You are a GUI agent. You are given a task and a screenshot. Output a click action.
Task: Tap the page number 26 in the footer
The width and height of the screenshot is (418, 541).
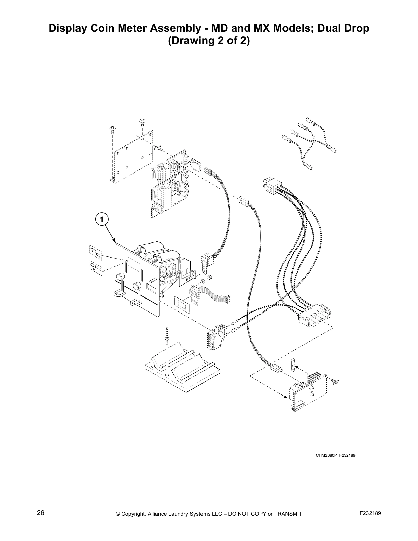(x=41, y=513)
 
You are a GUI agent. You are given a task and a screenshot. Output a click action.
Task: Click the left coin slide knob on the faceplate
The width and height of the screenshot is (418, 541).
(x=120, y=277)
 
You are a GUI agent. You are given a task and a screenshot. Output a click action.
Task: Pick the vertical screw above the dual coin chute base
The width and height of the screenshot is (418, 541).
(x=167, y=335)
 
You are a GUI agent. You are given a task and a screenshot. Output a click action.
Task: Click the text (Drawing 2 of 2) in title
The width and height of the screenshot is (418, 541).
(x=209, y=41)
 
